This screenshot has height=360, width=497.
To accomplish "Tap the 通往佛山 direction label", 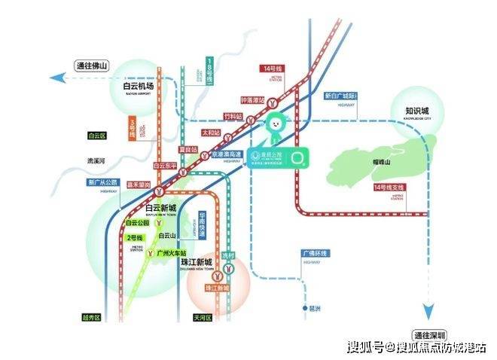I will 91,66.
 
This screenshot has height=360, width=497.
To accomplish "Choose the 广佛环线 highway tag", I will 313,254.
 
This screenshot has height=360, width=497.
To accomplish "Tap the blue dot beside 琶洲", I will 299,309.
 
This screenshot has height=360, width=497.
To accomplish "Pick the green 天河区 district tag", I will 202,318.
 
